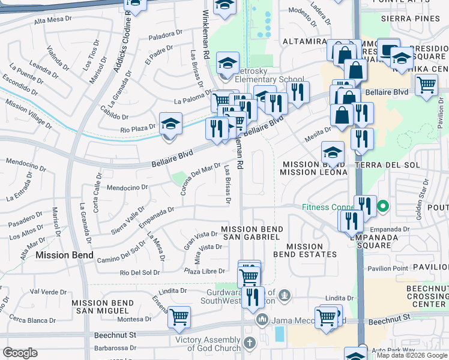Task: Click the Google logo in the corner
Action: click(20, 353)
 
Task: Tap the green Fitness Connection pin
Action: click(382, 208)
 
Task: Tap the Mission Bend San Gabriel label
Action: click(250, 233)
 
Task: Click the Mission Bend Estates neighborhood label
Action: click(305, 250)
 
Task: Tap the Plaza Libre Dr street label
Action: click(205, 272)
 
